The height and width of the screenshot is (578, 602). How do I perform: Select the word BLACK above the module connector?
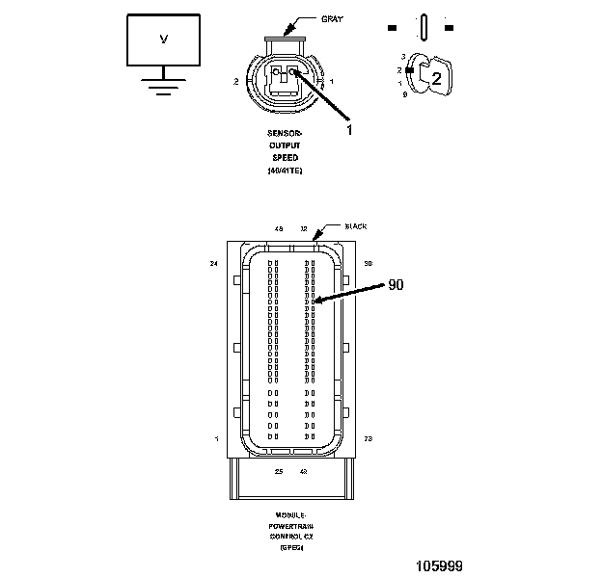click(356, 227)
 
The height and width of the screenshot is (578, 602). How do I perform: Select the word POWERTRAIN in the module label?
click(290, 526)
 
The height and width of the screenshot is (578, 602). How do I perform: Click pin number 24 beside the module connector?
click(213, 262)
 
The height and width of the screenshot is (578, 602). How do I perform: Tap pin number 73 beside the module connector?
click(369, 438)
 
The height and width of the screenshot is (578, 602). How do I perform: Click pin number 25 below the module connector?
click(278, 472)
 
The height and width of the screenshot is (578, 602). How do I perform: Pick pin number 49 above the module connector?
click(278, 229)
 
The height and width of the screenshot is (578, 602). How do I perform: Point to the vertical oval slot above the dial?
click(424, 28)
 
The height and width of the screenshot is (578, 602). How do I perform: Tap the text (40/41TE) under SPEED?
click(285, 171)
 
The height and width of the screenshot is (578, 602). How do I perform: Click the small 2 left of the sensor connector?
click(235, 82)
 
